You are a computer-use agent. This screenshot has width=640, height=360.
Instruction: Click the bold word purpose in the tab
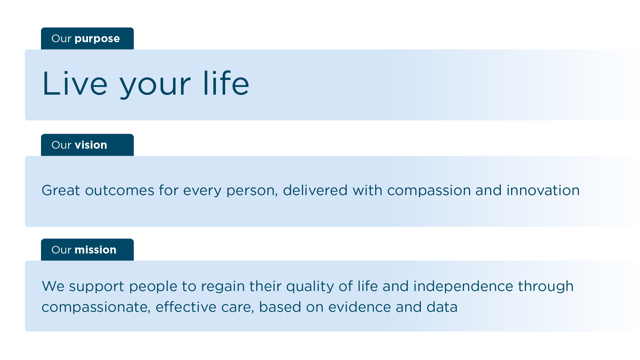click(97, 39)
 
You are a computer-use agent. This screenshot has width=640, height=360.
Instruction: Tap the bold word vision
click(91, 145)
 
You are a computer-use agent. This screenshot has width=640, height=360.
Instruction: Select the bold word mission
click(95, 250)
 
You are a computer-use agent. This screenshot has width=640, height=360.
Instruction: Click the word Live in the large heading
click(75, 84)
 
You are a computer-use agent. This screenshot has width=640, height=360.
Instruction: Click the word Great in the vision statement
click(61, 191)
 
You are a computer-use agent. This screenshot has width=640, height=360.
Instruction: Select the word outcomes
click(120, 191)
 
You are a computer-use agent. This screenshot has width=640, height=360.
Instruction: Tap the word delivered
click(315, 191)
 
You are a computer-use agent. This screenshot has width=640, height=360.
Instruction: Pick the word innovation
click(543, 191)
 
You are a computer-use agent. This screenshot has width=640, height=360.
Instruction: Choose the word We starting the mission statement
click(53, 286)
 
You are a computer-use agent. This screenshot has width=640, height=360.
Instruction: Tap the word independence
click(463, 286)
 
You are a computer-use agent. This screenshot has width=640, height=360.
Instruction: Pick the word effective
click(186, 307)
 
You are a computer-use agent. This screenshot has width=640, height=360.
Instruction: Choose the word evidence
click(360, 307)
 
